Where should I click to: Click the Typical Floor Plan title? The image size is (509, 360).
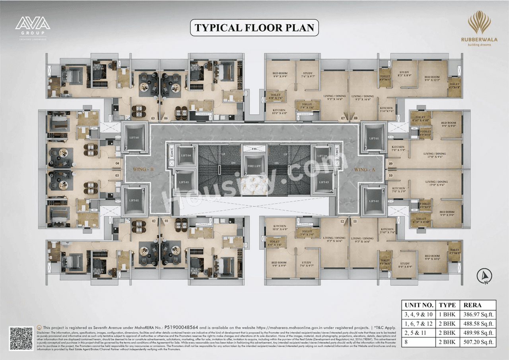point(254,28)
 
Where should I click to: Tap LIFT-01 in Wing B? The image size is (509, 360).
point(134,138)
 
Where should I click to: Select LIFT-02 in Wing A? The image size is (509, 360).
point(373,201)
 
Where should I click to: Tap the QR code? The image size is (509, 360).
point(21,339)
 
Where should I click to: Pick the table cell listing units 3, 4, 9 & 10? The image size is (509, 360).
point(419,314)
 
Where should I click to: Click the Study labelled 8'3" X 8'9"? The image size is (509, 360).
point(404,74)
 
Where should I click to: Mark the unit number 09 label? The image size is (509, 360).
point(390,163)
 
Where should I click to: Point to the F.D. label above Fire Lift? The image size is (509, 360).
point(254,149)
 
